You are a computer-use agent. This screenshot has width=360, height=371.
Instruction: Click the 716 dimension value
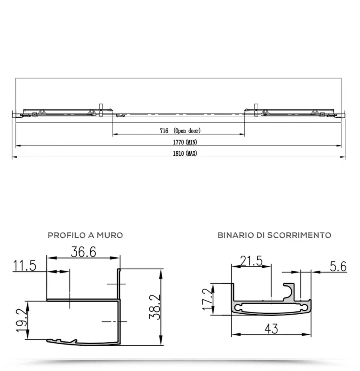164,130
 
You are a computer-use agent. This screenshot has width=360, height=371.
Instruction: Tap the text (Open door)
187,130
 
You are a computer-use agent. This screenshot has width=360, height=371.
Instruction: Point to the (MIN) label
192,142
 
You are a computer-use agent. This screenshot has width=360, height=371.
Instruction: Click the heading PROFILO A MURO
85,235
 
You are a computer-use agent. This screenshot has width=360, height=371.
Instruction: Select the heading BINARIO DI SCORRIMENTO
274,235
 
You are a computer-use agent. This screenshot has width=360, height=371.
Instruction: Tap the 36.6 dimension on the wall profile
83,252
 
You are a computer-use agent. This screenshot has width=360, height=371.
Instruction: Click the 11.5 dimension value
25,265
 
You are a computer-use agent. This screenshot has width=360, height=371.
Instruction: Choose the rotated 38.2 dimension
155,307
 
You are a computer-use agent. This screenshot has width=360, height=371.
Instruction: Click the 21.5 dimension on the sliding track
251,261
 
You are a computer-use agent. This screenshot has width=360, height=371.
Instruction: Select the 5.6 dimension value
338,266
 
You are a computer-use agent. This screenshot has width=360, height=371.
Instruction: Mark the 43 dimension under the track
271,329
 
